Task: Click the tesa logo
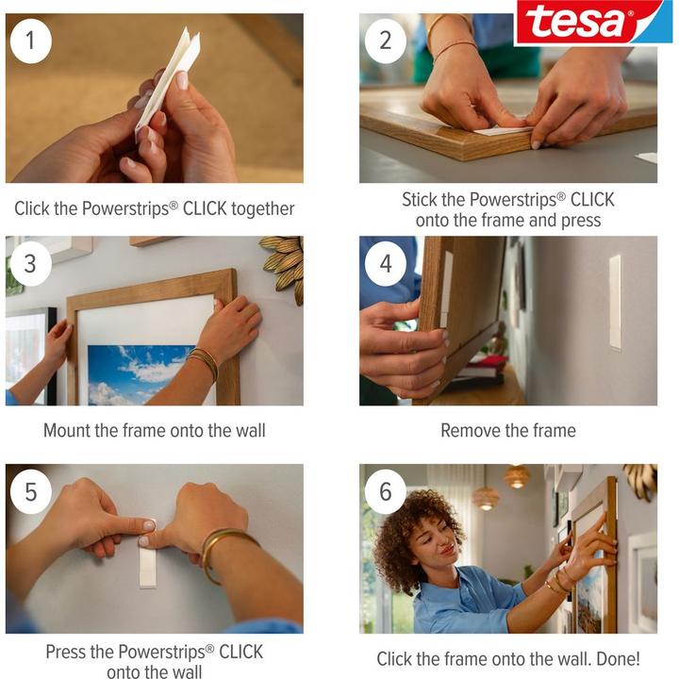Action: click(593, 22)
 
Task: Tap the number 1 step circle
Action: click(31, 41)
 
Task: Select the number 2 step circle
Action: click(385, 41)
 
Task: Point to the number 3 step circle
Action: click(31, 264)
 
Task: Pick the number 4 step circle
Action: click(385, 264)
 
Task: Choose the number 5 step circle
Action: click(31, 492)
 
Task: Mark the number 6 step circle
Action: click(385, 492)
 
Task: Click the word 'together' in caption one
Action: click(263, 209)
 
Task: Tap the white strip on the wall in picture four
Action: click(615, 302)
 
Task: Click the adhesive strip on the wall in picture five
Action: click(148, 563)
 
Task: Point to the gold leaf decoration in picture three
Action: click(285, 266)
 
